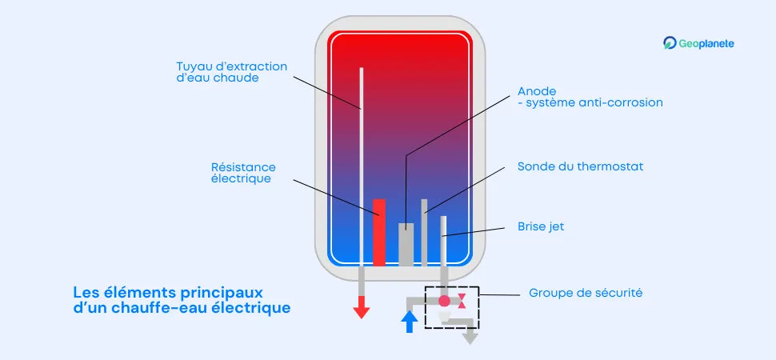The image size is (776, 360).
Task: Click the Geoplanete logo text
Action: point(706,44)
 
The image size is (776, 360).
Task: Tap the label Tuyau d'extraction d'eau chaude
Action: point(231,72)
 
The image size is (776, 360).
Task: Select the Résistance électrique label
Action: point(243,173)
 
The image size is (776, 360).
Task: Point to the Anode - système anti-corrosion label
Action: point(590,97)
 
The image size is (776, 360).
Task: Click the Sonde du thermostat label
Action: point(580,166)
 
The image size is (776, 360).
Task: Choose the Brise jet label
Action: point(541,226)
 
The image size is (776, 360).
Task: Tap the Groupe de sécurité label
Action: point(586,294)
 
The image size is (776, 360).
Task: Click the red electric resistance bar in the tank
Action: point(379,232)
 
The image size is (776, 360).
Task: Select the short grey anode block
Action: point(406,244)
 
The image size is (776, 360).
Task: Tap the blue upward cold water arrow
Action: point(410,322)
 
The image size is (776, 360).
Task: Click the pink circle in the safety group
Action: point(443,301)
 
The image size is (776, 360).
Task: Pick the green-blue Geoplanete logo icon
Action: point(670,44)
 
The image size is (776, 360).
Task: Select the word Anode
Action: point(536,90)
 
